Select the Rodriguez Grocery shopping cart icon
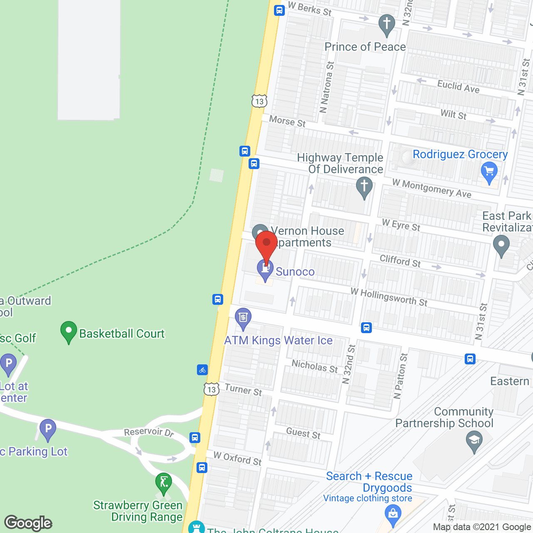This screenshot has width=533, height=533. pos(489,172)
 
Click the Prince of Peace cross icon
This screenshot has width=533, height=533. pos(386,24)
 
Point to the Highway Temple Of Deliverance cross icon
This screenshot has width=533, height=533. pos(364,187)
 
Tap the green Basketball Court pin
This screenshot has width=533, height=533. pos(69,331)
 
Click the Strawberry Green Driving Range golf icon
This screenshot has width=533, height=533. pos(164,483)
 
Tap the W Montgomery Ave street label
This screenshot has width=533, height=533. pos(432,189)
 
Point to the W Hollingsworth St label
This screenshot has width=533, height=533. pos(389,296)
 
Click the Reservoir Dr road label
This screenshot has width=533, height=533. pos(149,432)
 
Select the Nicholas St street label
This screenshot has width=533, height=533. pos(315,366)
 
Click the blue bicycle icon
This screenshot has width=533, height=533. pos(202,370)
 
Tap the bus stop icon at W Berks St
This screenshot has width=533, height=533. pos(279,10)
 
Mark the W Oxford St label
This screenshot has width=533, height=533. pos(237,458)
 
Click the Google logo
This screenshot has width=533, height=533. pos(28,523)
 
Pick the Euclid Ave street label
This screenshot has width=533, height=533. pos(458,87)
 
